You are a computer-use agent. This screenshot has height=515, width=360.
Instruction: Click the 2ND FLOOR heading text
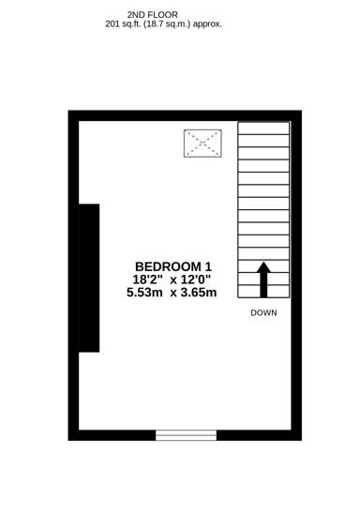click(152, 15)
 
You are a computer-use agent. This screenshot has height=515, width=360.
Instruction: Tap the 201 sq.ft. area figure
click(125, 24)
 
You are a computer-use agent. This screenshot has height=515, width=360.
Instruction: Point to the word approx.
click(207, 24)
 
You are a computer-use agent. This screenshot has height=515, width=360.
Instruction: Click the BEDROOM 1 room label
click(172, 265)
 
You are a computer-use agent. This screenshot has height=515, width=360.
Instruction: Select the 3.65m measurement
click(198, 293)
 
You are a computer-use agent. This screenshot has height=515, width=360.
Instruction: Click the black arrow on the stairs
click(263, 279)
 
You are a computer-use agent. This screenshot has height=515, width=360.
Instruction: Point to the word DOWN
click(263, 313)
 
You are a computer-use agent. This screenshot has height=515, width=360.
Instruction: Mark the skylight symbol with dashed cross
click(202, 144)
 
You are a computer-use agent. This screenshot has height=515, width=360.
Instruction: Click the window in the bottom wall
click(186, 435)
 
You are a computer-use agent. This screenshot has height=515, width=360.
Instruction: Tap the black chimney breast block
click(89, 278)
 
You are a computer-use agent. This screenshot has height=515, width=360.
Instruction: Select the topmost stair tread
click(263, 128)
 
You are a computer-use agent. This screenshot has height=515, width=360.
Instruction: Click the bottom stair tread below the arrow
click(263, 291)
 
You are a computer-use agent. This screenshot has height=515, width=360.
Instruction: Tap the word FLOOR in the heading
click(163, 15)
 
